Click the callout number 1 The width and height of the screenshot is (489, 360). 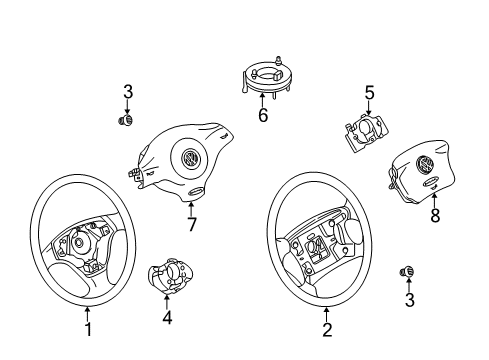pyautogui.click(x=88, y=329)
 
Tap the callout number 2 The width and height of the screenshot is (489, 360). pyautogui.click(x=327, y=329)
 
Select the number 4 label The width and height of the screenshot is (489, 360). pyautogui.click(x=167, y=317)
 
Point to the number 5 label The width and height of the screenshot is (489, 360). pyautogui.click(x=369, y=92)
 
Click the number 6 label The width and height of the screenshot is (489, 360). pyautogui.click(x=263, y=115)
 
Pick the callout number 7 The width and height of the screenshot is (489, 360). pyautogui.click(x=191, y=224)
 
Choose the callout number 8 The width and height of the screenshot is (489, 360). pyautogui.click(x=435, y=215)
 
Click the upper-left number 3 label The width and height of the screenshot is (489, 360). pyautogui.click(x=128, y=92)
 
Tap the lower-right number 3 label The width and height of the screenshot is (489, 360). pyautogui.click(x=409, y=300)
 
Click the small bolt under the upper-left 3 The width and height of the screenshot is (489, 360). pyautogui.click(x=126, y=120)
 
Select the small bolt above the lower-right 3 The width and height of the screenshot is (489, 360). pyautogui.click(x=406, y=272)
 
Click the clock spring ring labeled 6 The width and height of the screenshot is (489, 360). pyautogui.click(x=265, y=78)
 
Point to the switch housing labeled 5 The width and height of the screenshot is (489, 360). pyautogui.click(x=366, y=132)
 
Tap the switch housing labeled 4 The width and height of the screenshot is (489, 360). pyautogui.click(x=170, y=275)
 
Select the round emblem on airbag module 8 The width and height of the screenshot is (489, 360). pyautogui.click(x=425, y=165)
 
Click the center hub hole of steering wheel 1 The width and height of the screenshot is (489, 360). pyautogui.click(x=79, y=242)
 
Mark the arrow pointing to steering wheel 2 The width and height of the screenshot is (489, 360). pyautogui.click(x=327, y=314)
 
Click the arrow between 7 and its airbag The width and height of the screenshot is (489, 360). pyautogui.click(x=191, y=209)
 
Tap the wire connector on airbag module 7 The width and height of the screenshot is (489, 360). pyautogui.click(x=135, y=174)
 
